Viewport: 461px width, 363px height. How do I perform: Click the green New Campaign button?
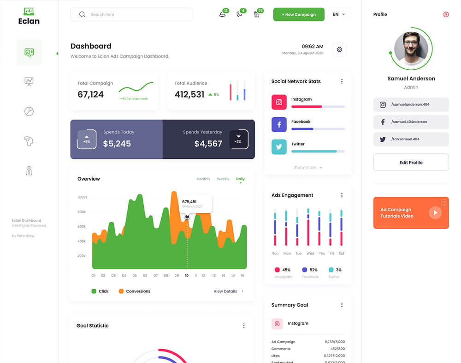pyautogui.click(x=299, y=14)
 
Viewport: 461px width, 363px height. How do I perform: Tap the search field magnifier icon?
pyautogui.click(x=82, y=14)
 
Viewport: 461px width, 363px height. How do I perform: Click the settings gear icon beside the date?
pyautogui.click(x=339, y=49)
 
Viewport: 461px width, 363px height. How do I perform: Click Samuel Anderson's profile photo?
pyautogui.click(x=411, y=48)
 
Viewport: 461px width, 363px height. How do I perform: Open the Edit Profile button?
pyautogui.click(x=411, y=163)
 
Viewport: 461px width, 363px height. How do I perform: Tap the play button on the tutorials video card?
pyautogui.click(x=435, y=212)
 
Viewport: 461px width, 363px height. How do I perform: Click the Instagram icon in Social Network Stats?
pyautogui.click(x=279, y=102)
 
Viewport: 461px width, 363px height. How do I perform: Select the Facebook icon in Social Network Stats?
pyautogui.click(x=279, y=124)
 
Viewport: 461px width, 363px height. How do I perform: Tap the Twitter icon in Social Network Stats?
pyautogui.click(x=279, y=147)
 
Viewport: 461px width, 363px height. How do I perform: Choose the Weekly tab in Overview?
pyautogui.click(x=223, y=179)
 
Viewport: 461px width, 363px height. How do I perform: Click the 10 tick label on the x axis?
pyautogui.click(x=187, y=276)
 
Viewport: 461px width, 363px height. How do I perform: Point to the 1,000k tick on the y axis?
pyautogui.click(x=82, y=197)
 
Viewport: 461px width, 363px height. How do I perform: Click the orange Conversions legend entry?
pyautogui.click(x=134, y=291)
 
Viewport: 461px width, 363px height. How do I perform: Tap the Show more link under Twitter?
pyautogui.click(x=307, y=168)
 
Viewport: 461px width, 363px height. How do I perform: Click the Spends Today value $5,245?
pyautogui.click(x=117, y=144)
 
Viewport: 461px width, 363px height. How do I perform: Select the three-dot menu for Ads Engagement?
pyautogui.click(x=342, y=195)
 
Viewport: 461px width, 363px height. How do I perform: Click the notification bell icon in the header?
pyautogui.click(x=223, y=14)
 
